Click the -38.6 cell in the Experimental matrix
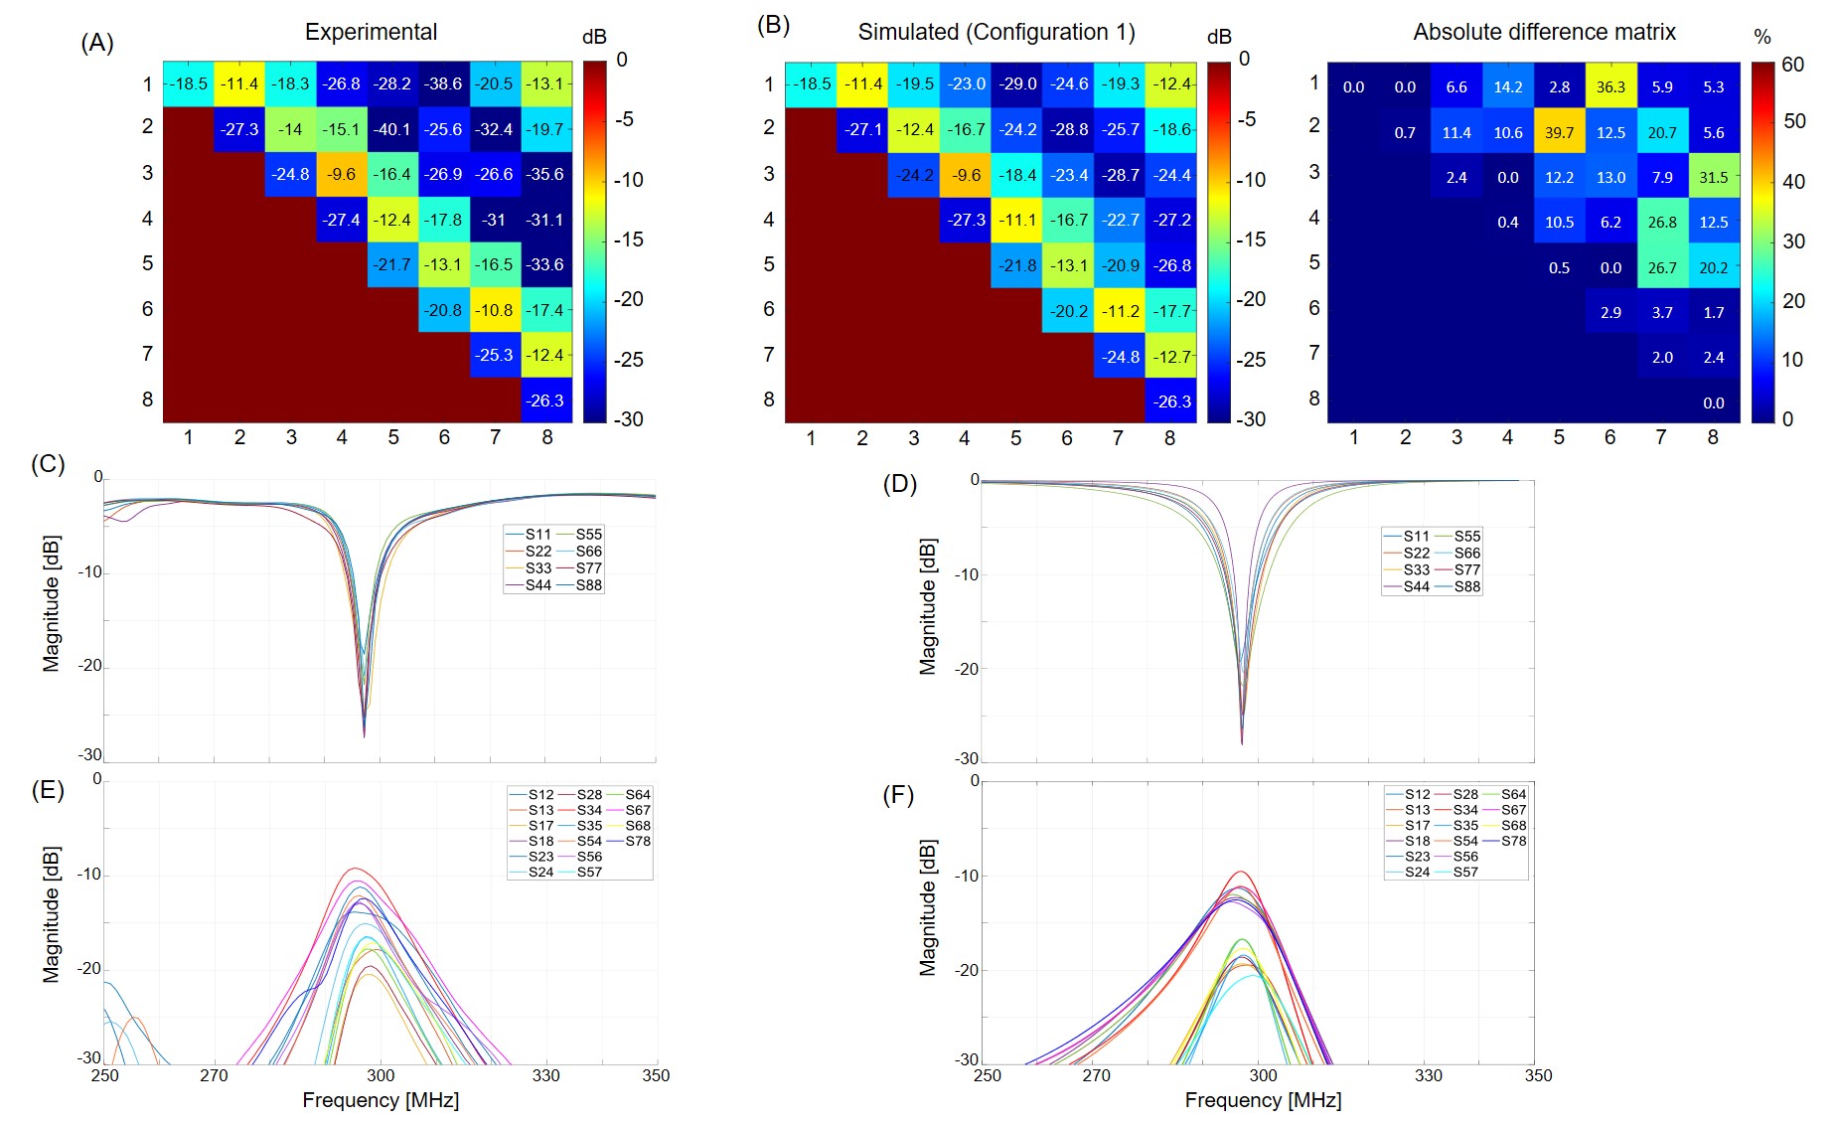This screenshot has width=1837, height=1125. click(444, 83)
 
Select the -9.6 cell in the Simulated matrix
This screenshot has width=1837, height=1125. click(966, 175)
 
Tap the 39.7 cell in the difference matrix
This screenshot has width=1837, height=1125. click(1559, 132)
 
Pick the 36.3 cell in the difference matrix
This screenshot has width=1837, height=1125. click(1610, 86)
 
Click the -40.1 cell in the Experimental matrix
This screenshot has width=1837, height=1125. click(392, 129)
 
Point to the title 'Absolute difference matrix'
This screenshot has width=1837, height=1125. click(1544, 32)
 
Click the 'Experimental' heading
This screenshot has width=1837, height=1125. click(371, 32)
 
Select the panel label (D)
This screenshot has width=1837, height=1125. click(899, 484)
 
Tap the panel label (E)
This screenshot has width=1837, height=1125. click(48, 789)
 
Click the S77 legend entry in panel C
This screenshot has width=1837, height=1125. click(588, 568)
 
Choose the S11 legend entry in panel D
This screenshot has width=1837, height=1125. click(1416, 536)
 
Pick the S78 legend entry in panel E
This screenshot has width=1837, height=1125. click(638, 841)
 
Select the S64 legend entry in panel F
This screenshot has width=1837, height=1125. click(1513, 794)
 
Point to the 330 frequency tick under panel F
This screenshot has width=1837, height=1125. click(1428, 1075)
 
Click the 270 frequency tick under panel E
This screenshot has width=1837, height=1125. click(214, 1075)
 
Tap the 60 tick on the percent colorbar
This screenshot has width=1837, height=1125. click(1792, 65)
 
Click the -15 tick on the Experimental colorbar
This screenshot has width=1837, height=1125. click(629, 240)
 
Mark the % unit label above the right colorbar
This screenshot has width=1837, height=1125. click(1762, 37)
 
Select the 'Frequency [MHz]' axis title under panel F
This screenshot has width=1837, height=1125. click(1263, 1100)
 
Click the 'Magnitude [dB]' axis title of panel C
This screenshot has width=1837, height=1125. click(52, 603)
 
